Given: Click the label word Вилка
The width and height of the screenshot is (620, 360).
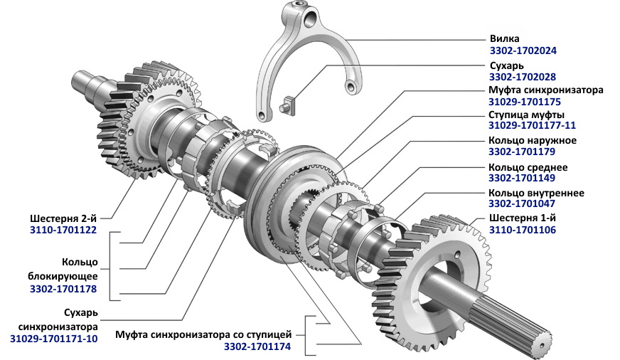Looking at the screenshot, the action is pos(505,38).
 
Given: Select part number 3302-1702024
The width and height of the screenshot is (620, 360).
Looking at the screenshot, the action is pos(523,51).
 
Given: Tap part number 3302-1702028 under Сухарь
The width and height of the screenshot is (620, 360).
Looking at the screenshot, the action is pos(523,77).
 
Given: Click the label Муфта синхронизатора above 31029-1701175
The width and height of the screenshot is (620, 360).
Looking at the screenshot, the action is pos(546,90).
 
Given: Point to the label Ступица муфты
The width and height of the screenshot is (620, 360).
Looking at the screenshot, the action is pos(526,115).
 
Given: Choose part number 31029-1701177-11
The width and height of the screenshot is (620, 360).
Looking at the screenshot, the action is pos(533,125).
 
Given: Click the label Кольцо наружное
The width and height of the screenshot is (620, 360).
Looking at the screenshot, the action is pos(533,140).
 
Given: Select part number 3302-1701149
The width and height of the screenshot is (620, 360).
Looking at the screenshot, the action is pos(522,178).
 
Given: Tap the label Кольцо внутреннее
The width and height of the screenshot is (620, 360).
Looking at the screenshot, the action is pos(537,193).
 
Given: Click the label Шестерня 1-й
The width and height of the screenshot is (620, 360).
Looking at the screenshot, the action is pos(523,218).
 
